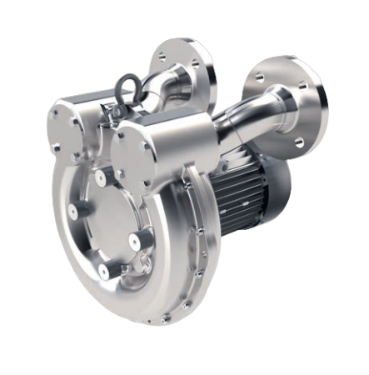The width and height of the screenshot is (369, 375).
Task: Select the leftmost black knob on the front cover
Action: pyautogui.click(x=72, y=213)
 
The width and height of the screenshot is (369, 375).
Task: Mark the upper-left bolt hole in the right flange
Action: pyautogui.click(x=260, y=77)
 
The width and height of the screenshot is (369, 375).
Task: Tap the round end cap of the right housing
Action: pyautogui.click(x=132, y=157)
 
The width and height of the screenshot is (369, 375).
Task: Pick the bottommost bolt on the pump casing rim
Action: pyautogui.click(x=166, y=318)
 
